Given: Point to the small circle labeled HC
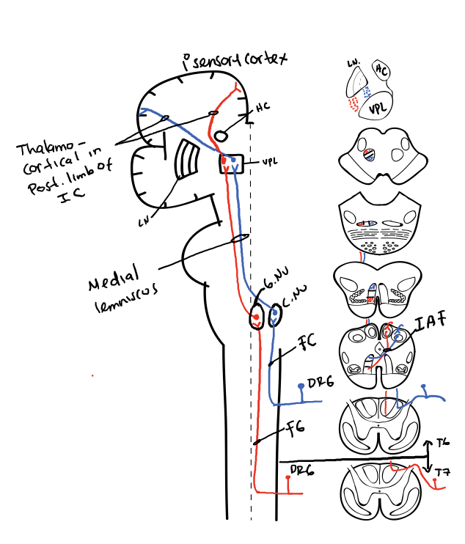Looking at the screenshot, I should point(222,135).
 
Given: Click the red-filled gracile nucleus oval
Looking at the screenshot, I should point(256,318).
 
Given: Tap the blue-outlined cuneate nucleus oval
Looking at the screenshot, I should point(275,315).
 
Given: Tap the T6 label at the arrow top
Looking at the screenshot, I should point(442,444).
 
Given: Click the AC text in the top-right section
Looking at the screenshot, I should point(381,70).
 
